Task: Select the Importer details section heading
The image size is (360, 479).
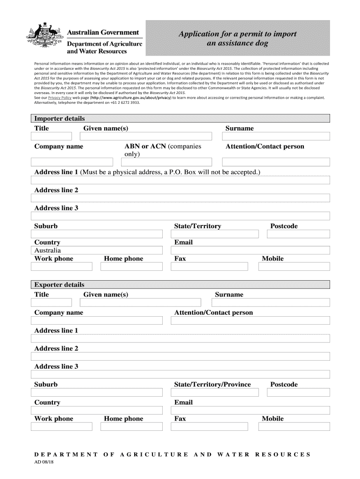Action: [x=59, y=118]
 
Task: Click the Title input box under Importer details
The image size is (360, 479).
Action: [x=51, y=136]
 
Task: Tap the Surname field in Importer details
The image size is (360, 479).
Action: [x=276, y=136]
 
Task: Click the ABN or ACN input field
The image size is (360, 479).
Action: [x=166, y=162]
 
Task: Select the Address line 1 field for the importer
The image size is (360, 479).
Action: [x=180, y=180]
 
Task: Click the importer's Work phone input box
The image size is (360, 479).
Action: [x=62, y=267]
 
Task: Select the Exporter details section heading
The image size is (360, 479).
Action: [x=59, y=284]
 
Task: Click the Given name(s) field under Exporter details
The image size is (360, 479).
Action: [x=143, y=303]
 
